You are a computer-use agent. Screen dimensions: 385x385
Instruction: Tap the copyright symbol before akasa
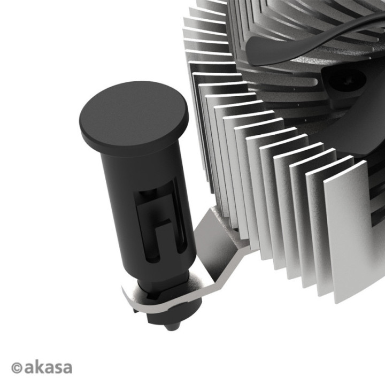click(17, 368)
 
